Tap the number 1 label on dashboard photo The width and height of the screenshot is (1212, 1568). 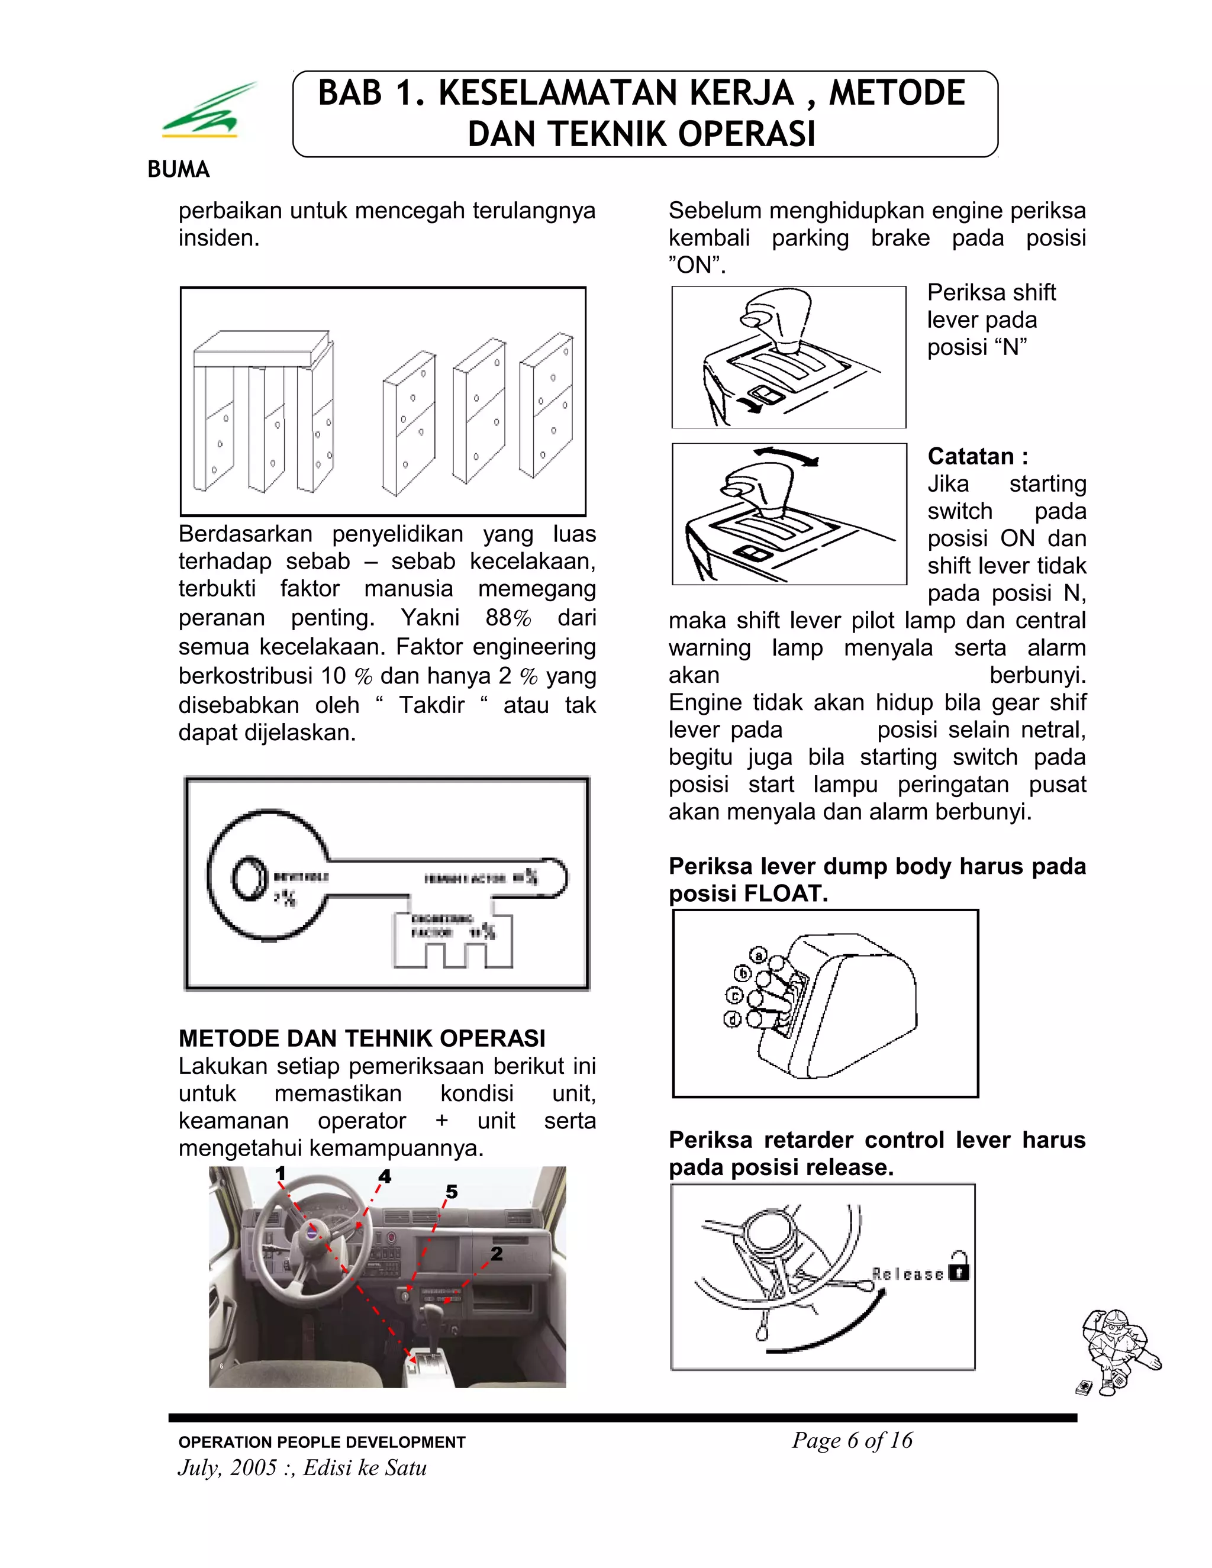click(x=280, y=1174)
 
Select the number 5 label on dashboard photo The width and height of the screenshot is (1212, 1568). click(x=451, y=1192)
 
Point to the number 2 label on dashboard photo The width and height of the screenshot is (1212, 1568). click(x=496, y=1254)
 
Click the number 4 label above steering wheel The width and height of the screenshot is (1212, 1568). click(x=385, y=1177)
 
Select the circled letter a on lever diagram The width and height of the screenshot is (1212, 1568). click(x=758, y=956)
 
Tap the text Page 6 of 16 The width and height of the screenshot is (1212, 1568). click(x=852, y=1440)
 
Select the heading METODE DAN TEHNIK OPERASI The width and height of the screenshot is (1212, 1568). click(x=362, y=1038)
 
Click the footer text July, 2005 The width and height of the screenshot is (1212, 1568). click(x=228, y=1467)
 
